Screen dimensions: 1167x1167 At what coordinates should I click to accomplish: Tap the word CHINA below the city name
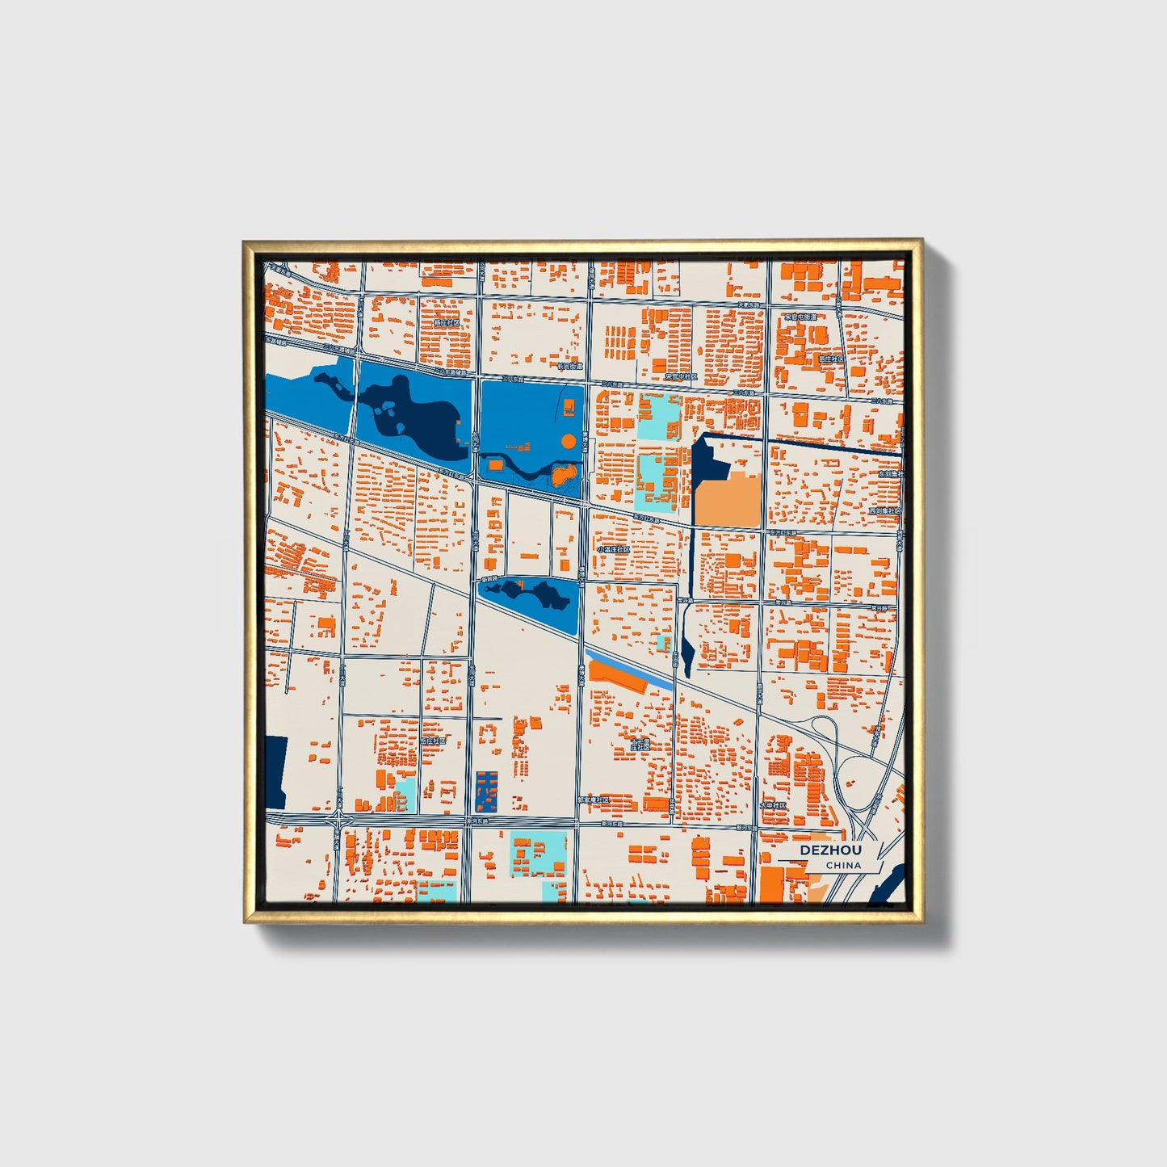tap(842, 866)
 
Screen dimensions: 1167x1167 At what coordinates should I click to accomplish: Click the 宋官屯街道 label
tap(801, 317)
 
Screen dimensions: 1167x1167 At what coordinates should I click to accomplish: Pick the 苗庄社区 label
tap(830, 359)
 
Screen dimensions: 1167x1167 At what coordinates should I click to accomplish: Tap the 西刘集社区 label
tap(884, 511)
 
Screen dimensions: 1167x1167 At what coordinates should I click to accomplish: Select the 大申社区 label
tap(773, 805)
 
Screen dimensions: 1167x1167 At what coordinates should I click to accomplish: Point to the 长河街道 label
tap(569, 366)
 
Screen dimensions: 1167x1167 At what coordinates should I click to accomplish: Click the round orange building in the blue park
tap(569, 441)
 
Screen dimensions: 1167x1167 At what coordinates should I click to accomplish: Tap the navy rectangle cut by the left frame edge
tap(276, 771)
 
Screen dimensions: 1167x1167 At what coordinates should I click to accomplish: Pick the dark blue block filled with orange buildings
tap(486, 791)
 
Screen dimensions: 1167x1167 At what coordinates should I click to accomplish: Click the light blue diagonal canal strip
tap(630, 670)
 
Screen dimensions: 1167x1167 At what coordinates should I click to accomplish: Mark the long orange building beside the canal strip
tap(617, 678)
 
